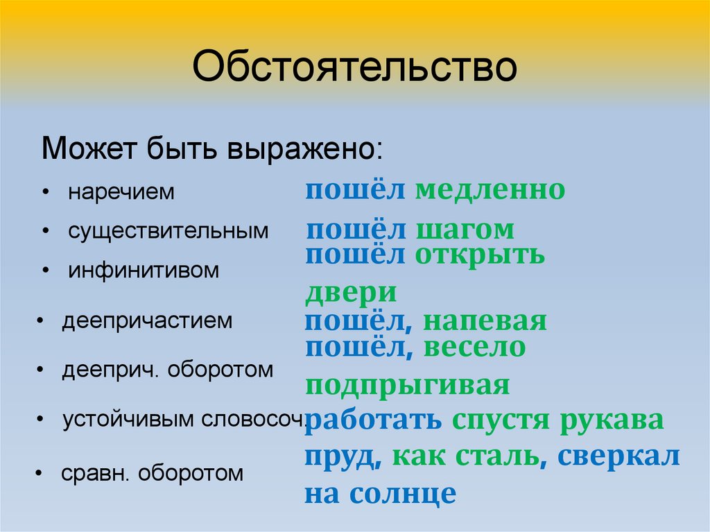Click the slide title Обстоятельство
[x=354, y=70]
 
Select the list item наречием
[x=121, y=193]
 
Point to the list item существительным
[x=168, y=231]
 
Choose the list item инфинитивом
[x=144, y=271]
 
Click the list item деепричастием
[x=147, y=321]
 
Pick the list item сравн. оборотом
[x=153, y=474]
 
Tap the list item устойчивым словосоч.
[x=184, y=420]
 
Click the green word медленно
[x=490, y=189]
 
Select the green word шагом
[x=465, y=230]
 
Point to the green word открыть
[x=480, y=255]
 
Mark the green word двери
[x=351, y=292]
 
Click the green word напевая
[x=485, y=322]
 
